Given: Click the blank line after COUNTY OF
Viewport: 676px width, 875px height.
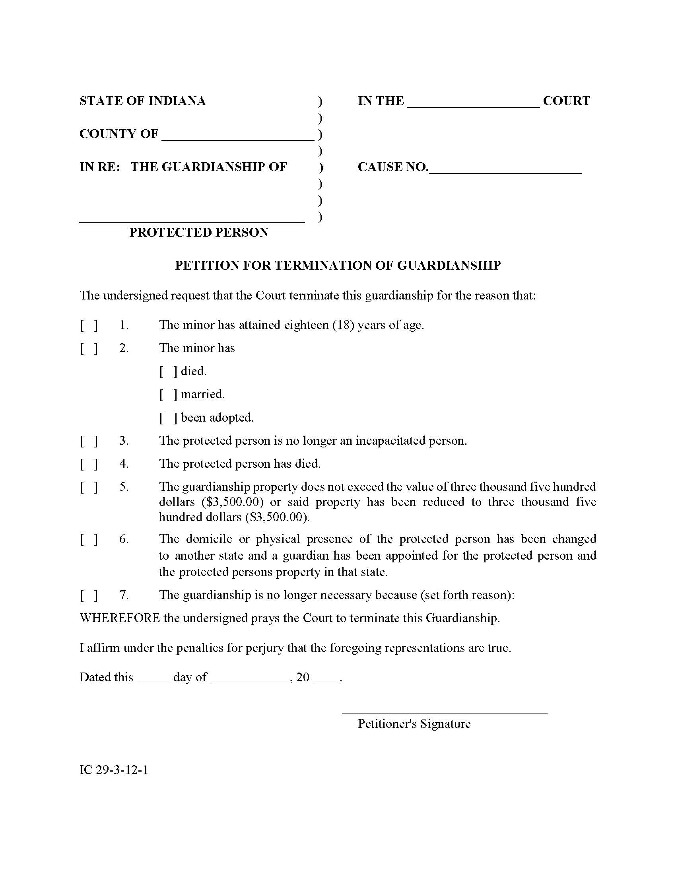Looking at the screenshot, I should (237, 136).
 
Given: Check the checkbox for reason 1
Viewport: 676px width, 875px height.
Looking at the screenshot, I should (89, 325).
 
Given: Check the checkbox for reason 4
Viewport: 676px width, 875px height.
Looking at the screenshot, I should (89, 464).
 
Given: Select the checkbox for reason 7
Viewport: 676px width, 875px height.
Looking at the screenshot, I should (89, 595).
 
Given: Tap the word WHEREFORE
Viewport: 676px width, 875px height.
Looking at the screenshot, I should (120, 618).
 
